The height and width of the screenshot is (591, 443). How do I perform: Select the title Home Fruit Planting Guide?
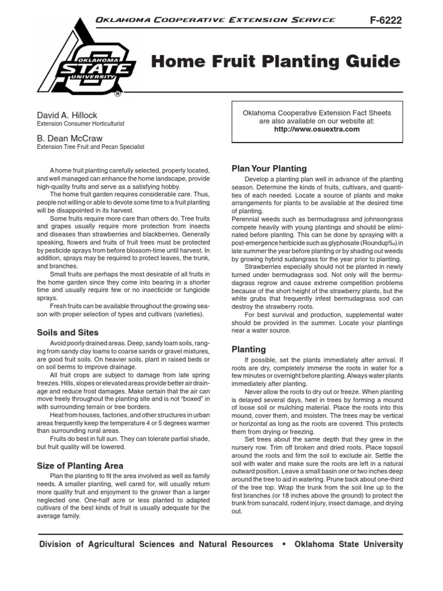tap(276, 62)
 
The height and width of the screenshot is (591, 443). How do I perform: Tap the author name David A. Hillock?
tap(67, 115)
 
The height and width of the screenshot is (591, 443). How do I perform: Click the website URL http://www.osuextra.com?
tap(317, 129)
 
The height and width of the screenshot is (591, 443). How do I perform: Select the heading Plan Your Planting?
tap(269, 169)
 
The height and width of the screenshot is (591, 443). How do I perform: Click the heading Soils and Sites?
tap(67, 332)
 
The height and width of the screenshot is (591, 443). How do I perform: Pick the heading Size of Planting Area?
tap(80, 465)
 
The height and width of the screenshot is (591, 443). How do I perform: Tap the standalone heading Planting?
tap(249, 349)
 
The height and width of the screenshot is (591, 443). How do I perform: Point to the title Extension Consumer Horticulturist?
tap(81, 124)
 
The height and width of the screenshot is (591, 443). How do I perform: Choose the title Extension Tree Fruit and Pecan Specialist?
tap(91, 147)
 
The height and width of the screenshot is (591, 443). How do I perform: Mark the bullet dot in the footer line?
tap(284, 544)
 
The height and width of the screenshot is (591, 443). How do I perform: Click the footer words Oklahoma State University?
tap(349, 544)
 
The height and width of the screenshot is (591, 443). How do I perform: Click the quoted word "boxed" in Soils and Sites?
tap(185, 398)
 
